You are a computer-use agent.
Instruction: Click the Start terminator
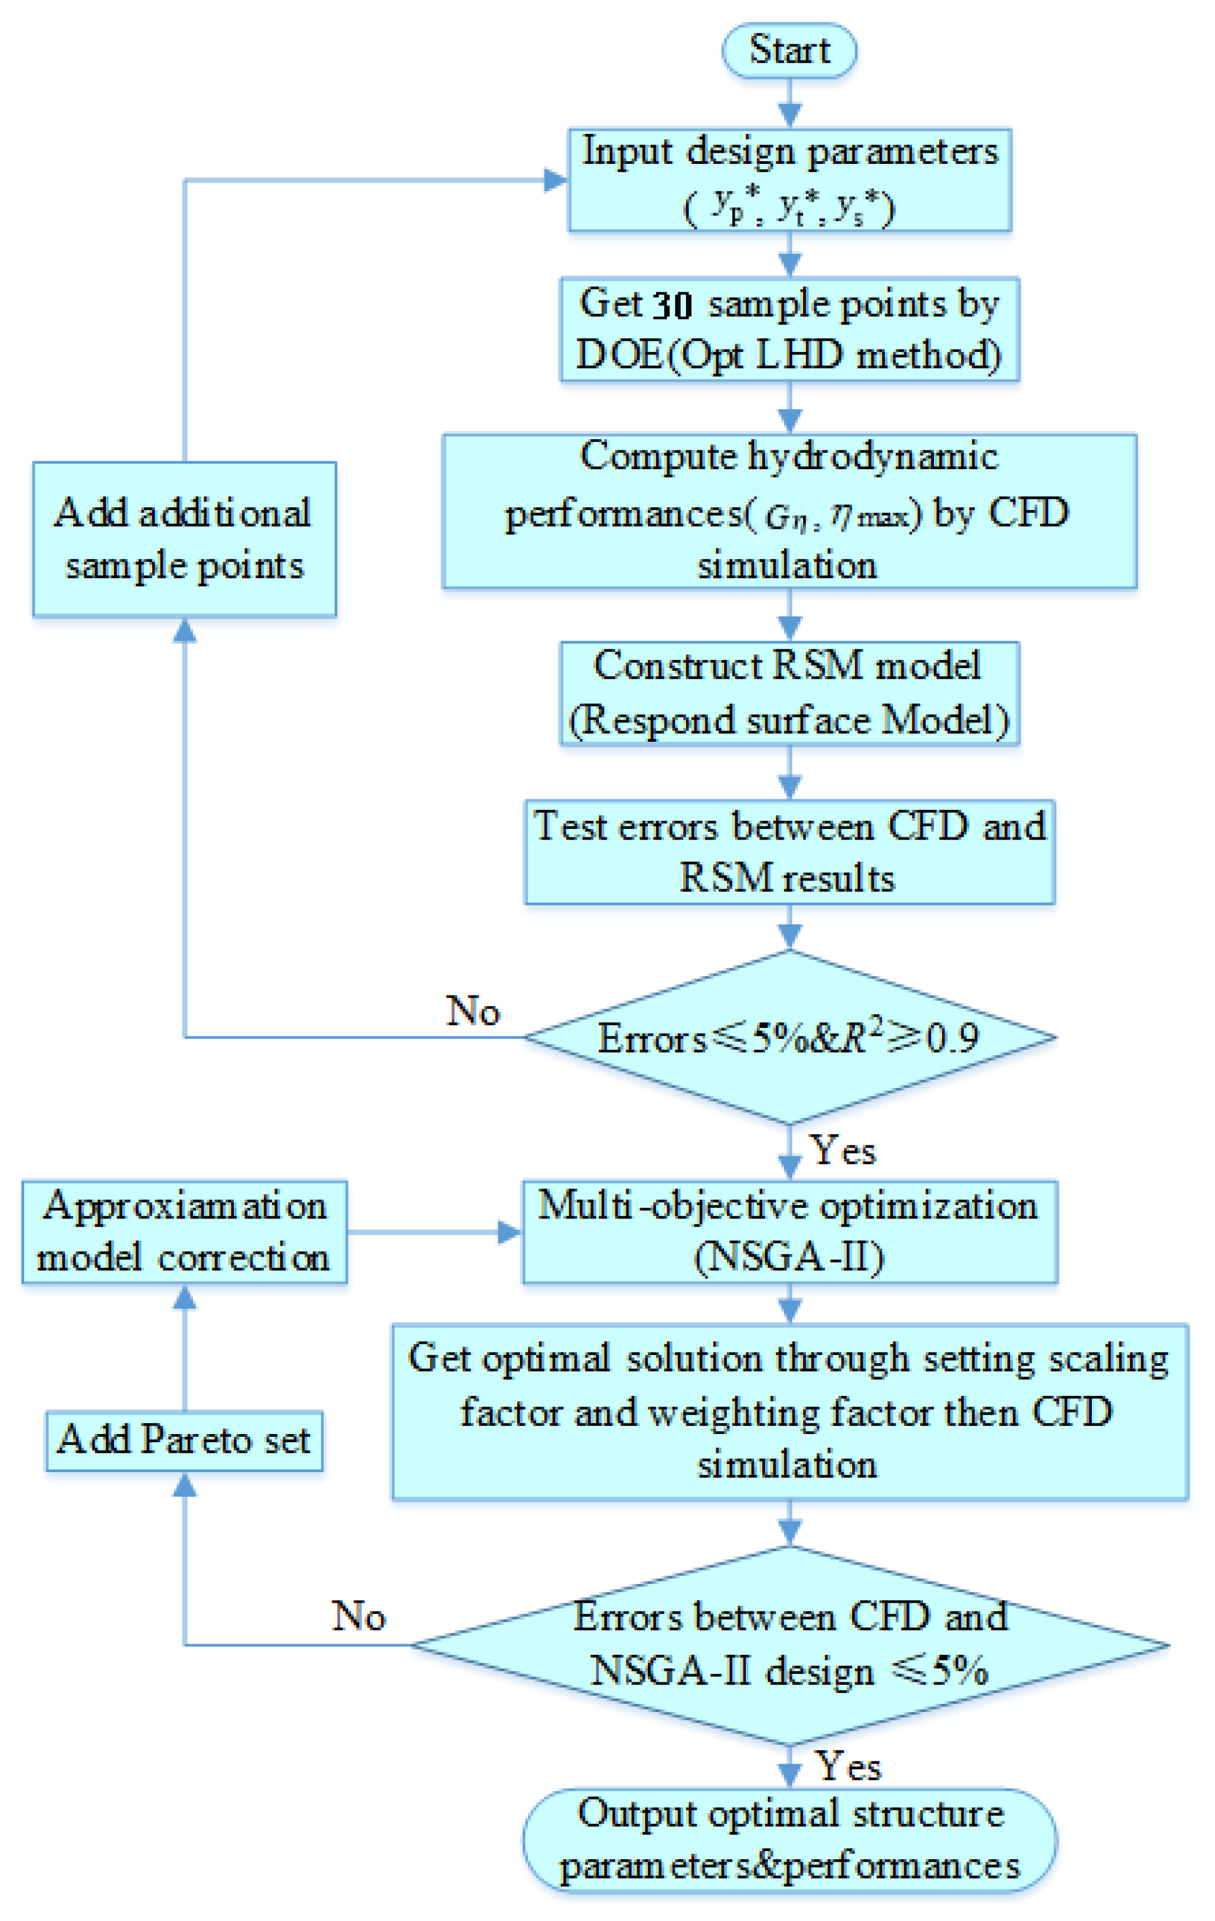[x=789, y=51]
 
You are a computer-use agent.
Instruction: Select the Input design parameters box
[x=789, y=180]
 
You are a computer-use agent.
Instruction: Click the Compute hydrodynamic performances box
[x=789, y=511]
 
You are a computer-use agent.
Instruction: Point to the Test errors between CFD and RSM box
[x=789, y=851]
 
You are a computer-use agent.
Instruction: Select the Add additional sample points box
[x=184, y=539]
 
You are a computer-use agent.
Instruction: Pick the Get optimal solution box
[x=789, y=1412]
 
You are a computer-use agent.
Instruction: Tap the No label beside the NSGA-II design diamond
[x=358, y=1616]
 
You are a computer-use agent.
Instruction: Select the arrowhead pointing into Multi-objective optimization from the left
[x=509, y=1232]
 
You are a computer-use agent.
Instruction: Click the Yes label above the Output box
[x=847, y=1766]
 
